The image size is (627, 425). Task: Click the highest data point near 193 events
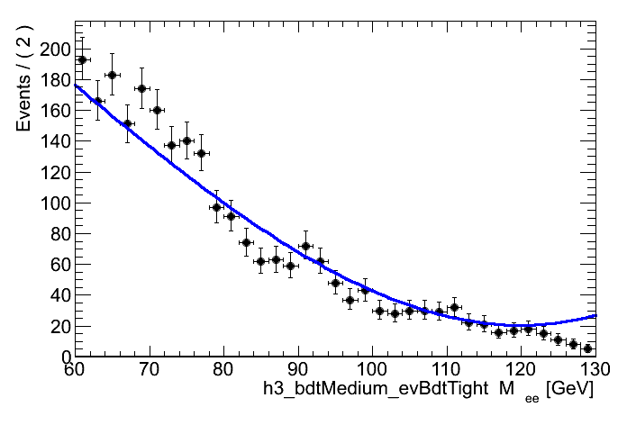click(x=82, y=59)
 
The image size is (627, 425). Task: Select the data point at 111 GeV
click(x=454, y=307)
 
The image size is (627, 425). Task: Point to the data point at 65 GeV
click(x=112, y=75)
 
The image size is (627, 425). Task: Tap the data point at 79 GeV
click(x=216, y=207)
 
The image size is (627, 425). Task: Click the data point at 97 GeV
click(x=350, y=301)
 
